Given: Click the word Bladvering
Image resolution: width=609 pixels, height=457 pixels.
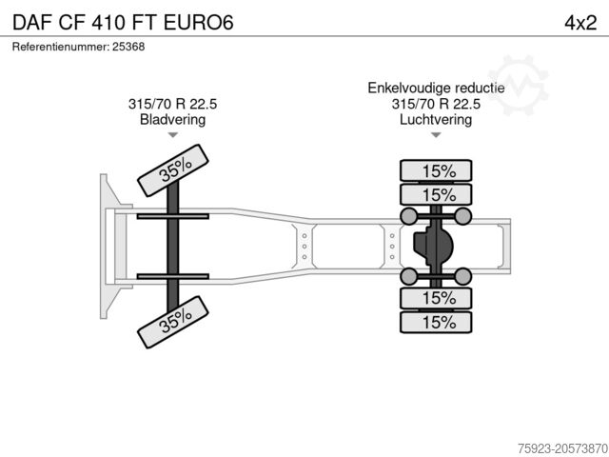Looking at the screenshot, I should click(x=172, y=120).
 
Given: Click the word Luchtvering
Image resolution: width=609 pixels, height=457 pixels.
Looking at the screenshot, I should click(x=437, y=120).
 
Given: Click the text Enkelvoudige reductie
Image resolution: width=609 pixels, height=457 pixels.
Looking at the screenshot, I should click(x=437, y=89).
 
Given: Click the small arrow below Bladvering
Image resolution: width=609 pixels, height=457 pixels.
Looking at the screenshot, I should click(x=172, y=136).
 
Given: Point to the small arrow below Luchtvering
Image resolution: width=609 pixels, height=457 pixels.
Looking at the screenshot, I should click(x=437, y=136).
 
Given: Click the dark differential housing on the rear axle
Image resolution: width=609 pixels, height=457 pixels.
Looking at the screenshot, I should click(x=434, y=247).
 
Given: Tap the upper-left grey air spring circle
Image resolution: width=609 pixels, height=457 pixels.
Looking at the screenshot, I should click(x=409, y=216).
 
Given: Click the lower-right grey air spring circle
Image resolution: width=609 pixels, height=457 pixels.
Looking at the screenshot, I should click(x=464, y=277).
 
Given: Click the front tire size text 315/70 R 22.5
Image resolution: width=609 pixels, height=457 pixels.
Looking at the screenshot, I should click(x=172, y=105).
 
